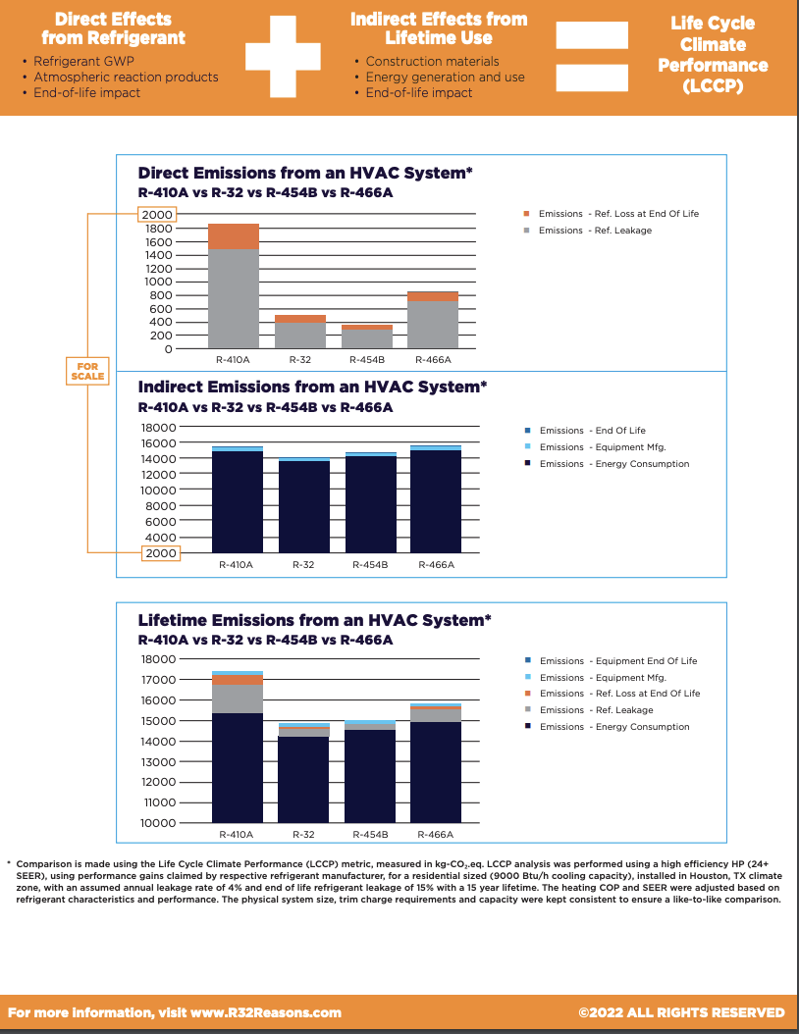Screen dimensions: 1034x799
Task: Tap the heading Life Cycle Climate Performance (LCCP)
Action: pos(713,54)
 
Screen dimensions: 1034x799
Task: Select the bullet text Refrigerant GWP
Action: pos(83,61)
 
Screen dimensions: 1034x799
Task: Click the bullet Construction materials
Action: pos(426,61)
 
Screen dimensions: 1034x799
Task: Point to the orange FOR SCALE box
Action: pos(87,372)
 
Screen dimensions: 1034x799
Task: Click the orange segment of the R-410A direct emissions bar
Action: pos(233,236)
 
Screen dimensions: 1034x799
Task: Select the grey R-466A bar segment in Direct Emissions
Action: pos(434,325)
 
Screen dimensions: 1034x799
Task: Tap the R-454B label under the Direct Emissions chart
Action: pos(366,361)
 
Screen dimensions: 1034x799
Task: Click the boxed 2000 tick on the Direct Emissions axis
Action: pos(157,215)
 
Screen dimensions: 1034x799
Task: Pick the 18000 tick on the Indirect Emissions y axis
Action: pos(159,428)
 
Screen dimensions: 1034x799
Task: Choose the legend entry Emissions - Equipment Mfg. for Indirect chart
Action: pos(603,447)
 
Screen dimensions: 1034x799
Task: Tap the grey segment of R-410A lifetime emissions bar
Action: pos(238,698)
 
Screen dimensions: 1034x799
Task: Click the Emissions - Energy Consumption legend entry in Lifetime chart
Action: pos(614,727)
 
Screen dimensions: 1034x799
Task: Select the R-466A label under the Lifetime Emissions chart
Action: pos(435,834)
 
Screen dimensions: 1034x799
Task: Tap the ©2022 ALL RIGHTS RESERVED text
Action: pos(682,1012)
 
